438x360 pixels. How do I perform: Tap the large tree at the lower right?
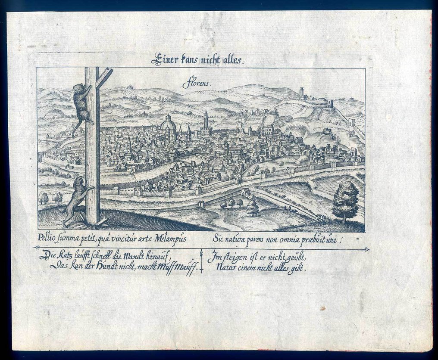346,201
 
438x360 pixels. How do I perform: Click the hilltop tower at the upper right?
301,93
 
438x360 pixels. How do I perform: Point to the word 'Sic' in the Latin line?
218,238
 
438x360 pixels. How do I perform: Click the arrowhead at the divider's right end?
366,249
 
